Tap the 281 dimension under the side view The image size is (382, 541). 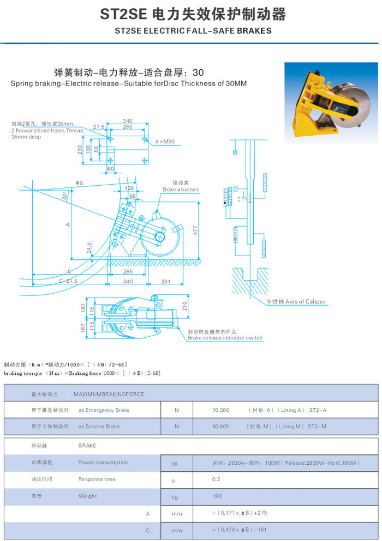(x=166, y=281)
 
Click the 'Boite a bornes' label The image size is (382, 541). (x=181, y=190)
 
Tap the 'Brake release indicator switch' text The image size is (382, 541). (x=225, y=338)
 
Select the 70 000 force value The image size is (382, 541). (x=220, y=410)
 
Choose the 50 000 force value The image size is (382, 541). (x=220, y=426)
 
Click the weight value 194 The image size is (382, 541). (x=217, y=496)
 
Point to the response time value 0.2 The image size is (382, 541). (x=216, y=479)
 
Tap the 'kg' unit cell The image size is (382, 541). (x=175, y=497)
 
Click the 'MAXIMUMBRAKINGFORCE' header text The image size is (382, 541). (x=109, y=393)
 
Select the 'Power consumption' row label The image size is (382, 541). (x=103, y=463)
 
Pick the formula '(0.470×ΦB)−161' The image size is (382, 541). (x=240, y=530)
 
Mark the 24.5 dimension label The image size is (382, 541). (x=88, y=248)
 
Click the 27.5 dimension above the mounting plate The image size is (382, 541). (x=99, y=126)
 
